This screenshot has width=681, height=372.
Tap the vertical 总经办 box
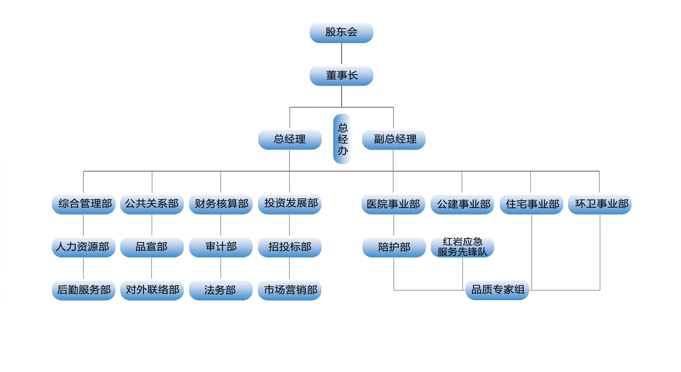click(342, 139)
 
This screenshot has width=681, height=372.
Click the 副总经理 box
click(394, 140)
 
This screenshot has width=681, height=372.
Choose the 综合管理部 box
click(84, 204)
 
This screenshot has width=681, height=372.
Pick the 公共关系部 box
click(152, 204)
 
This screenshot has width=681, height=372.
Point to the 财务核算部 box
click(221, 204)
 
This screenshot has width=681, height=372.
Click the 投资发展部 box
click(290, 204)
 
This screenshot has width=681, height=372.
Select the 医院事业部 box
click(393, 204)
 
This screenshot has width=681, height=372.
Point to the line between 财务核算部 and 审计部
click(221, 225)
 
